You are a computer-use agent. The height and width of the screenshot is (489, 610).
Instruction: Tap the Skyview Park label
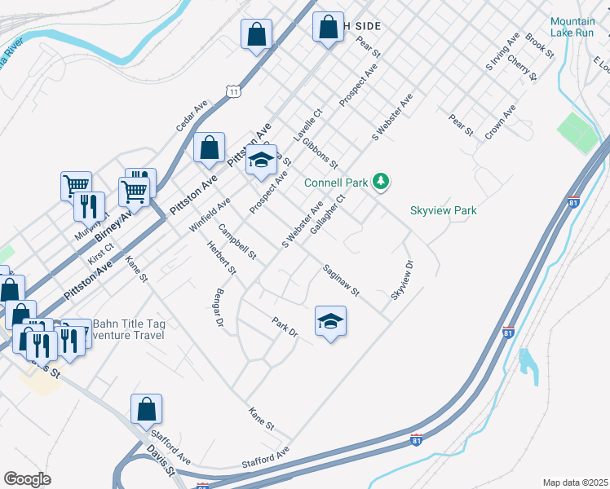tap(443, 211)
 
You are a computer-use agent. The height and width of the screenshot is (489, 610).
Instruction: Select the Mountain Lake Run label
tap(578, 27)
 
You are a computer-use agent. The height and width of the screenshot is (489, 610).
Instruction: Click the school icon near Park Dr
tap(330, 322)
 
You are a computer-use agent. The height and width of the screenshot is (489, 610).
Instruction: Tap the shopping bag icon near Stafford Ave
tap(146, 410)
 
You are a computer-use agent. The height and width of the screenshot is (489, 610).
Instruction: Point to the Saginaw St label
tap(340, 280)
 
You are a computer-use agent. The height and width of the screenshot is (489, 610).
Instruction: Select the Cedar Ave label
tap(192, 117)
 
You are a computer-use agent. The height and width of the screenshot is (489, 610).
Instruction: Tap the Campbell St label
tap(237, 242)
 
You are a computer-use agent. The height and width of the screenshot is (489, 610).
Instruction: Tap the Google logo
tap(27, 479)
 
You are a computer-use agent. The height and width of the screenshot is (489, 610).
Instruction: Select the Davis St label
tap(160, 459)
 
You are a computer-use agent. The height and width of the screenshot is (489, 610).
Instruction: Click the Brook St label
tap(540, 46)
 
